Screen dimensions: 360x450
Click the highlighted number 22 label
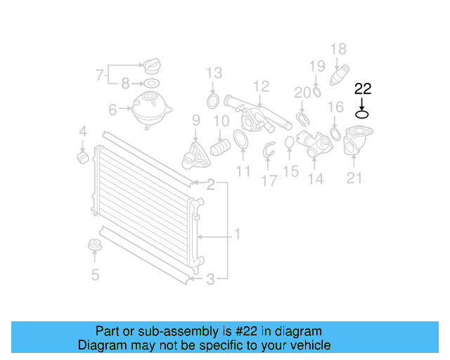click(362, 89)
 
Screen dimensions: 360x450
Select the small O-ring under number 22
click(362, 115)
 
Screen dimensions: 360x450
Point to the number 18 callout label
click(338, 49)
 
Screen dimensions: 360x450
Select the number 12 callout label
click(262, 86)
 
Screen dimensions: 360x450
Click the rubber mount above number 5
click(96, 246)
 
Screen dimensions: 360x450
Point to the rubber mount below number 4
click(83, 154)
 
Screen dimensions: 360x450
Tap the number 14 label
click(316, 179)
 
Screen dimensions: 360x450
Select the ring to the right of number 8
click(150, 84)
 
